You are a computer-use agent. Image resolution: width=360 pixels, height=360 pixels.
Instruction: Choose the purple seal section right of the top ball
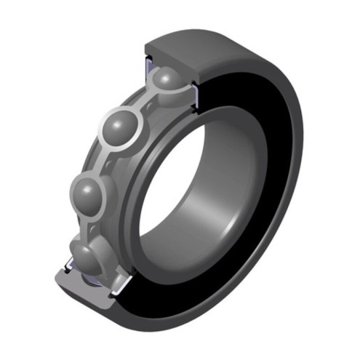[x=193, y=90]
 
